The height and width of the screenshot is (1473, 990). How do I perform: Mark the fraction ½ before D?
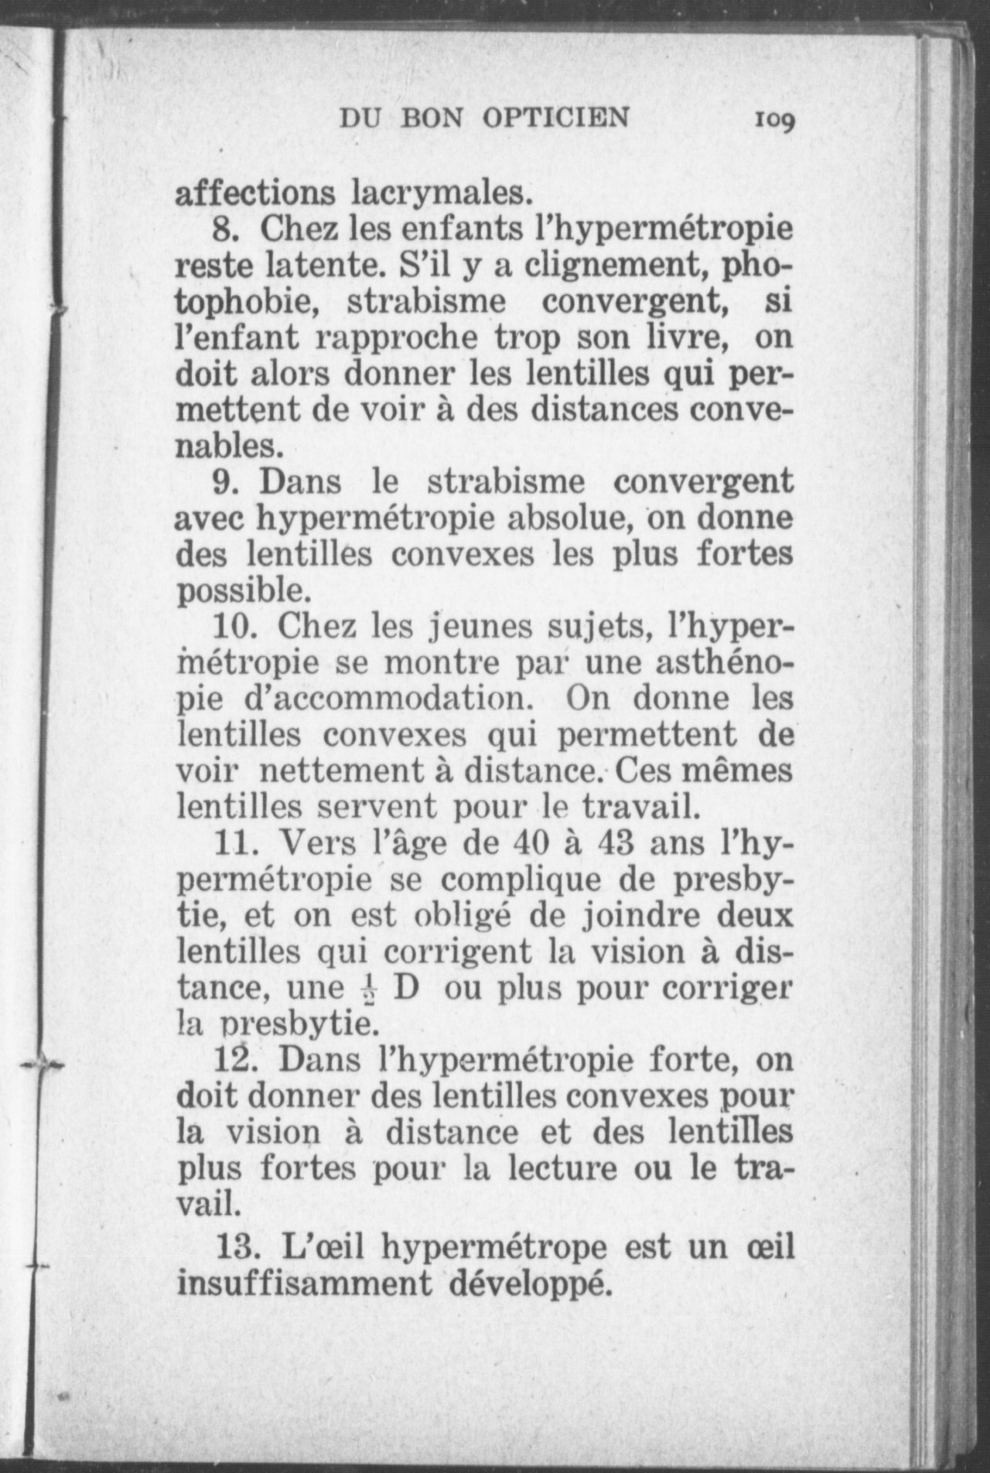tap(367, 990)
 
